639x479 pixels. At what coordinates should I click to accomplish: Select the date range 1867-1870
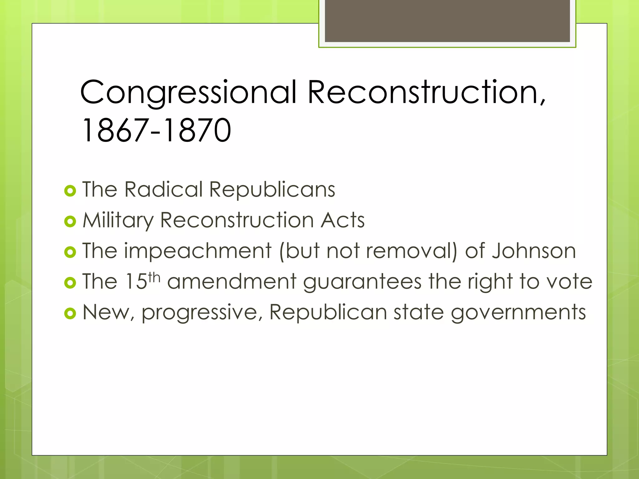pyautogui.click(x=156, y=130)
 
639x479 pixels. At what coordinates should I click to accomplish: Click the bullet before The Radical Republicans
pyautogui.click(x=70, y=191)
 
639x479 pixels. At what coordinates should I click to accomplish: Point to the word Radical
pyautogui.click(x=163, y=190)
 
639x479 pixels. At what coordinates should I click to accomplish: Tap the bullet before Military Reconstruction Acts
pyautogui.click(x=70, y=221)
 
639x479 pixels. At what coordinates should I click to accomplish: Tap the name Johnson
pyautogui.click(x=534, y=251)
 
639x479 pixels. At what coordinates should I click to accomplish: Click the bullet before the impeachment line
pyautogui.click(x=70, y=252)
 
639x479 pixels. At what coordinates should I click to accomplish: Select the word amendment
pyautogui.click(x=232, y=281)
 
